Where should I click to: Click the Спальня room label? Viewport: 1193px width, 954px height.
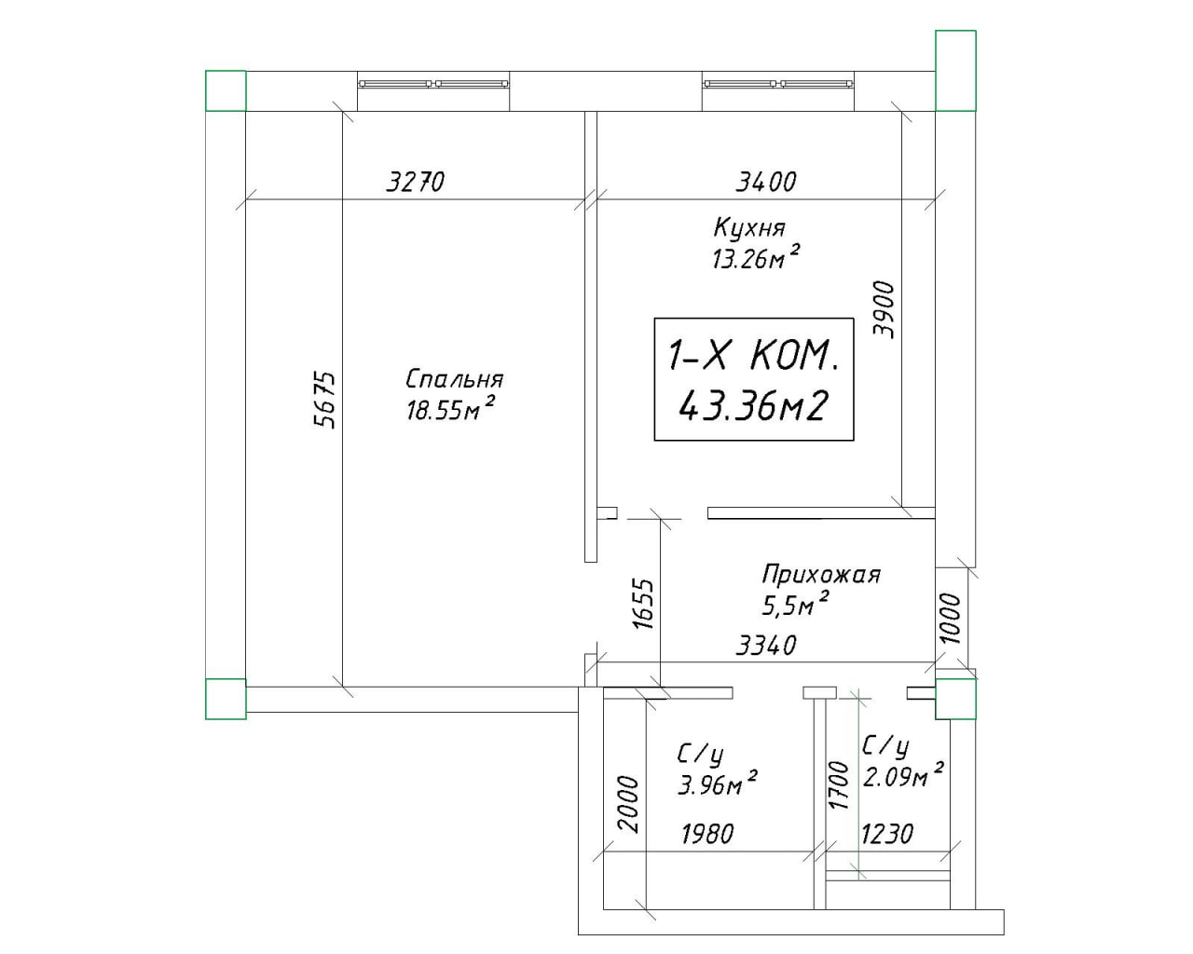454,379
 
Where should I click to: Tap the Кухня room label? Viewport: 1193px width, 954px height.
749,228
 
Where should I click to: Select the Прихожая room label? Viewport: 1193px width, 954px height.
821,574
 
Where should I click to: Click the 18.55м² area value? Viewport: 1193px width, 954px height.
449,409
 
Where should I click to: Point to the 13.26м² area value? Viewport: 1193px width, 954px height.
756,256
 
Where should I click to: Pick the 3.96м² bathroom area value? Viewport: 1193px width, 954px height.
717,783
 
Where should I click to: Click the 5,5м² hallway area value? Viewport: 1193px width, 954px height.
796,605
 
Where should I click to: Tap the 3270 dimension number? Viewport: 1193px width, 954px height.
416,182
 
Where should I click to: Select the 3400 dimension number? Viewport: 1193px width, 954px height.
765,182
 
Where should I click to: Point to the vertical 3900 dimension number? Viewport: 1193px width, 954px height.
884,309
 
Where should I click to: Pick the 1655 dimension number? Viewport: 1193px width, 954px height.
644,604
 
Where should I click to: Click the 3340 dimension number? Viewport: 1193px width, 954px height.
765,645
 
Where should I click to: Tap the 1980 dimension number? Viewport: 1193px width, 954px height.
707,833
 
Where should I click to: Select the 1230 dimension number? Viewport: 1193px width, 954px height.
887,833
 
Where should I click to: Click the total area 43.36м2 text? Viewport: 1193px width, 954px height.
753,406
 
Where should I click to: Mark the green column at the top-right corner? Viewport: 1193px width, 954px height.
955,71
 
